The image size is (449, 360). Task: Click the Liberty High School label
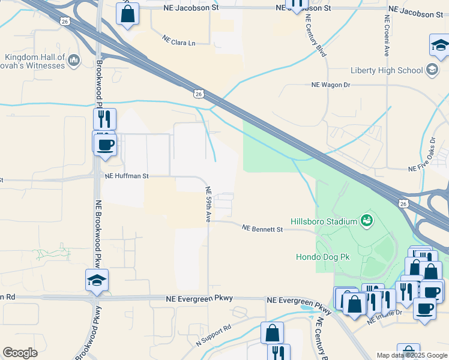(x=387, y=70)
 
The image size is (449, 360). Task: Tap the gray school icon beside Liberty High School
(x=432, y=70)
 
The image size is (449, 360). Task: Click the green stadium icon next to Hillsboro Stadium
(x=366, y=221)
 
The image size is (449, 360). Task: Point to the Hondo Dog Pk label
(x=324, y=257)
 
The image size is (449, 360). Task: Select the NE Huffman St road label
(x=126, y=176)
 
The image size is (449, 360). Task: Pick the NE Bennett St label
(x=262, y=229)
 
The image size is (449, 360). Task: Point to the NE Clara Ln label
(x=179, y=40)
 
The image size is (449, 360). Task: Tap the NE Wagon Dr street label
(x=330, y=85)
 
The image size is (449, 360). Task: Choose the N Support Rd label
(x=214, y=337)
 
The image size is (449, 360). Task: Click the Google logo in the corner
(x=20, y=352)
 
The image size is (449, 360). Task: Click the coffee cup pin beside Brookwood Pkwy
(x=106, y=144)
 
